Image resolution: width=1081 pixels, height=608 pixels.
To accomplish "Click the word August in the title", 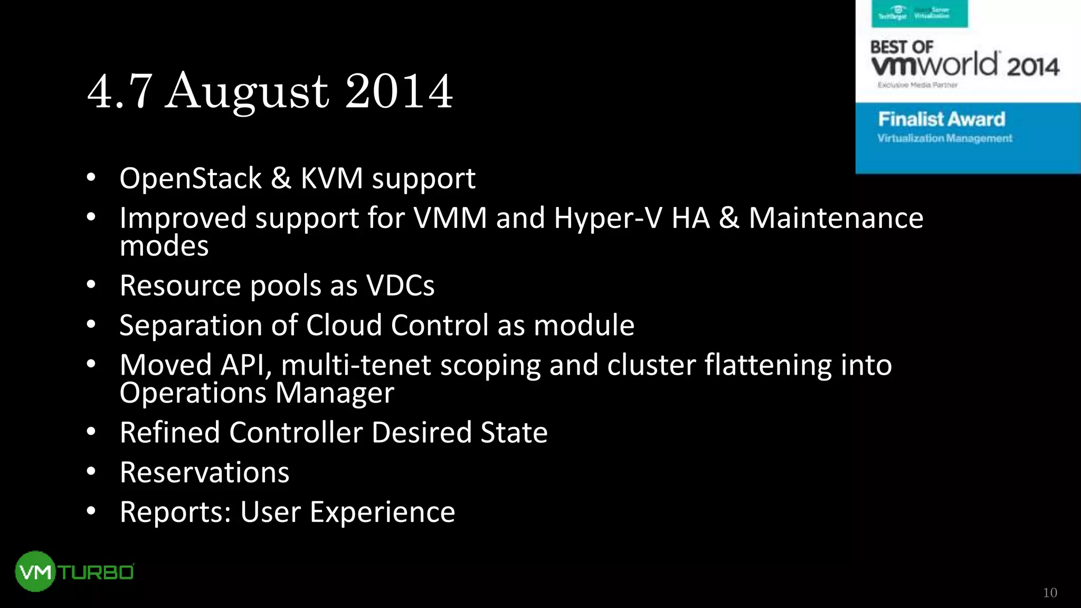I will click(x=247, y=92).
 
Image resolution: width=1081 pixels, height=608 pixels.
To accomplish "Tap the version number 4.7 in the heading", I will click(x=119, y=92).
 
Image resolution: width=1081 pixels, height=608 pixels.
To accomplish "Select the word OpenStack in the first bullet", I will click(x=191, y=178).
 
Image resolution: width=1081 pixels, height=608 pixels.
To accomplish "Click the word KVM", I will click(x=331, y=178).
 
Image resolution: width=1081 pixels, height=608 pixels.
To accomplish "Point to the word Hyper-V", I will click(x=608, y=218).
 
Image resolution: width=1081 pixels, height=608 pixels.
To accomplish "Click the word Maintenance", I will click(x=836, y=218).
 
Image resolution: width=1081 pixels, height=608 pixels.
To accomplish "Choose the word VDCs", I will click(x=400, y=286).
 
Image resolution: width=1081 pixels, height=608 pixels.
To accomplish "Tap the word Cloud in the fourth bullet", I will click(x=344, y=325).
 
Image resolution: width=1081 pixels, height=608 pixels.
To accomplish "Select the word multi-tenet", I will click(x=356, y=365).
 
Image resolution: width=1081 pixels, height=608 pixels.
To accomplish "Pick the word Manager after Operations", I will click(x=334, y=393).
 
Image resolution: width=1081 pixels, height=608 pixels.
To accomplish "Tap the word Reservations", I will click(x=204, y=472).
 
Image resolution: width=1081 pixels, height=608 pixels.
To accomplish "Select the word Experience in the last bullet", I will click(x=382, y=512).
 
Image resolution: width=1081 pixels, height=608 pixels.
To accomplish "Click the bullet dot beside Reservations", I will click(x=91, y=471).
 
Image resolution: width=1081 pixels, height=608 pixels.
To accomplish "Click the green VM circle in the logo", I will click(x=35, y=572).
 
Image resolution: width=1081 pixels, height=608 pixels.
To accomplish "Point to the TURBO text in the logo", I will click(x=96, y=573).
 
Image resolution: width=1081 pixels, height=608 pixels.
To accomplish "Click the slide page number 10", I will click(x=1049, y=593).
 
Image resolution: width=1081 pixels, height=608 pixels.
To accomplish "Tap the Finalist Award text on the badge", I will click(x=941, y=119).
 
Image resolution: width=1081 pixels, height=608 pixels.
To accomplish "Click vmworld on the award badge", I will click(x=934, y=65).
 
